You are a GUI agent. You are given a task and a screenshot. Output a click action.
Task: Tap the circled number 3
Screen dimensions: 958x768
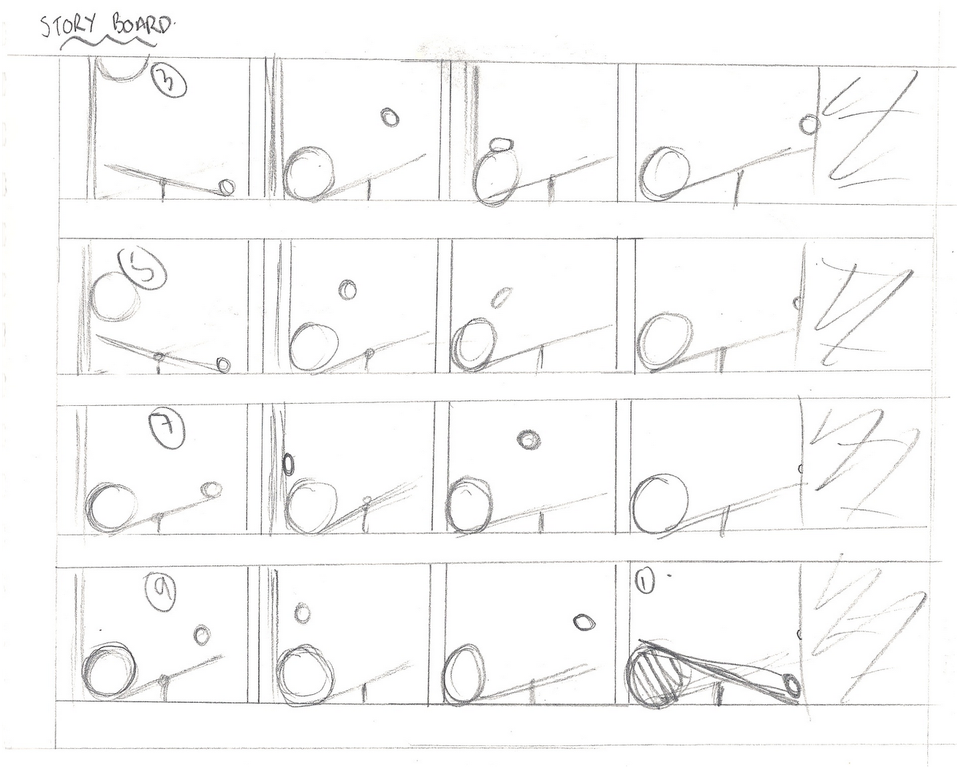[169, 81]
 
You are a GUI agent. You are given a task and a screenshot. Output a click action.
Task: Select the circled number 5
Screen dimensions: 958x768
[143, 269]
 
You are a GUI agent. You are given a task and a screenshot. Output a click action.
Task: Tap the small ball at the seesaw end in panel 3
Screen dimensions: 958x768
[227, 187]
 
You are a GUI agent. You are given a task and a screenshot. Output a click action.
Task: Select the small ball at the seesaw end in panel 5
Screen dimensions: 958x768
[223, 365]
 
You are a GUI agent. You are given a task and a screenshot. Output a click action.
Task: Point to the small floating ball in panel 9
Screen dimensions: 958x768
[203, 634]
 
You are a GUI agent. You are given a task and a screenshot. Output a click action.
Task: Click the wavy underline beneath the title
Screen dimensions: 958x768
[109, 42]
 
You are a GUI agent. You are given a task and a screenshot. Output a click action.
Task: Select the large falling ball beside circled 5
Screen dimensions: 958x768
[115, 297]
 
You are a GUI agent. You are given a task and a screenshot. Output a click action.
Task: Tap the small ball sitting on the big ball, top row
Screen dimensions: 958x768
[502, 145]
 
